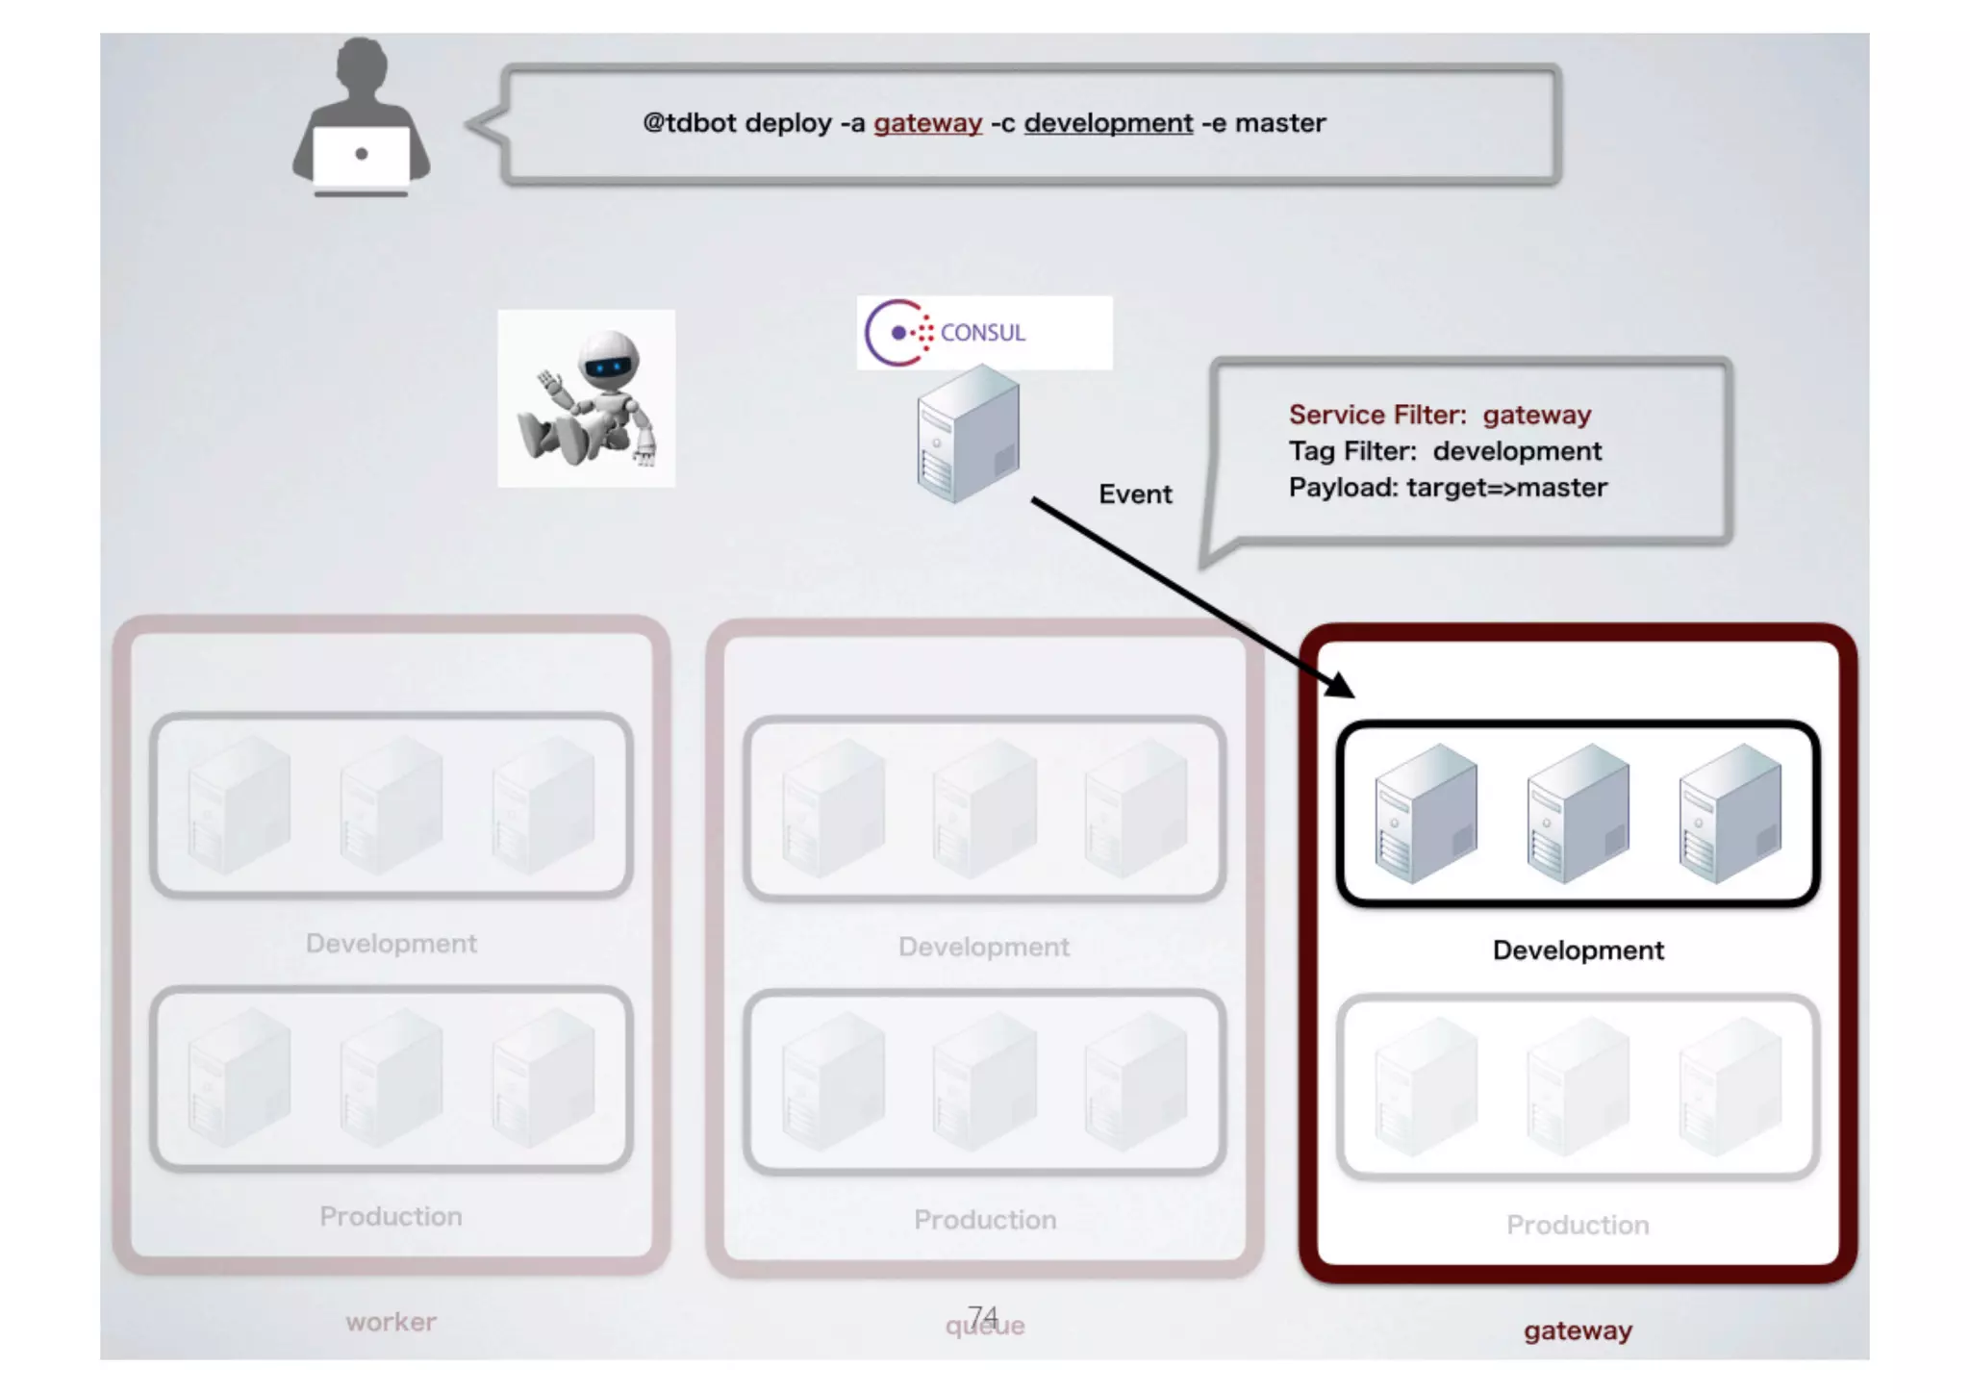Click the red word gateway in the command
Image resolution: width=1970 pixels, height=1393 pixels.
pos(927,123)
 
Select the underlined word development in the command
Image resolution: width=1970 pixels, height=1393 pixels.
pos(1108,123)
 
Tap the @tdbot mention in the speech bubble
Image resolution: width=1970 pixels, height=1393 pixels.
pos(689,123)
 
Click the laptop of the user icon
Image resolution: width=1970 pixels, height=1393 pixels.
pos(362,158)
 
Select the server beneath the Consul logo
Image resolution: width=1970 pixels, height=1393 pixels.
pos(968,435)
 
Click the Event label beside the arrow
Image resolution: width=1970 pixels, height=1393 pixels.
pos(1135,494)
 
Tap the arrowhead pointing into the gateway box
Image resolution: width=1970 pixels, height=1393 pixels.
pos(1339,685)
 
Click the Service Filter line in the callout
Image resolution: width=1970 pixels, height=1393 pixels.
pos(1440,415)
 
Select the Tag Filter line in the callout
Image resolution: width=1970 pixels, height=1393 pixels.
pos(1445,451)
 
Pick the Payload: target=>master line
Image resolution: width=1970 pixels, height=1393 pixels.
pos(1448,488)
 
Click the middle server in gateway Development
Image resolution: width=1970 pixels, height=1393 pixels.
pos(1578,814)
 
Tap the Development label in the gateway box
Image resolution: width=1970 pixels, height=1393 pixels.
pos(1578,950)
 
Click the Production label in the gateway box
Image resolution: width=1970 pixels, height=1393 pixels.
pos(1578,1225)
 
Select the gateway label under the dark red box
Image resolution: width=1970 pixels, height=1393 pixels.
pos(1578,1331)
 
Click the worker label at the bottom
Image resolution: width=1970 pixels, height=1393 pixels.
pos(391,1323)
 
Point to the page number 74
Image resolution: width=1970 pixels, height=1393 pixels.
pos(983,1314)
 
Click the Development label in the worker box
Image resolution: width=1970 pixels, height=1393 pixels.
pos(391,944)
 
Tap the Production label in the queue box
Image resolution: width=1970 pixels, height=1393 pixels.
pos(985,1220)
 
